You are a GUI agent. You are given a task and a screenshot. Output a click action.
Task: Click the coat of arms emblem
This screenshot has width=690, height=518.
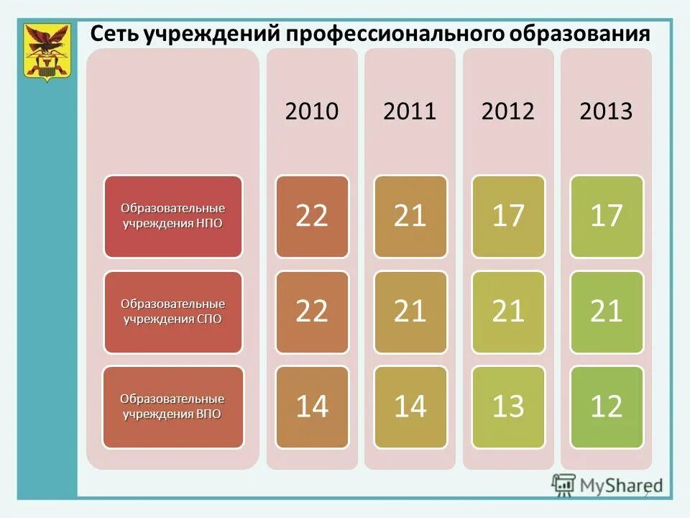click(x=47, y=53)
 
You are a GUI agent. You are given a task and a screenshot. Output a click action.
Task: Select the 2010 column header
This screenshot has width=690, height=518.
click(x=312, y=112)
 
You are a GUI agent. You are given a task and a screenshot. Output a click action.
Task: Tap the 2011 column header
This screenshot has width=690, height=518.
click(x=410, y=112)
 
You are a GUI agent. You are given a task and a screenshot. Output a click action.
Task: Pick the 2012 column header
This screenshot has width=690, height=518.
click(x=508, y=112)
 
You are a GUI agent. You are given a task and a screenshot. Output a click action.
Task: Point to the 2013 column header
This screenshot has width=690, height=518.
click(x=606, y=112)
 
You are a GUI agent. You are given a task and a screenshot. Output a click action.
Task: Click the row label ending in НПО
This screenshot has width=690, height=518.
click(x=173, y=216)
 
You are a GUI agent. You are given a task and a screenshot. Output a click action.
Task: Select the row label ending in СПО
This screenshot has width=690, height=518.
click(x=173, y=312)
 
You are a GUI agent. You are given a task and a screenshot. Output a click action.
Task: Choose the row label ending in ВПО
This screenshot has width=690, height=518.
click(x=173, y=406)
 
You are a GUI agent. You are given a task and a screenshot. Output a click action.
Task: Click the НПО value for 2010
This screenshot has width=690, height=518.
click(x=312, y=216)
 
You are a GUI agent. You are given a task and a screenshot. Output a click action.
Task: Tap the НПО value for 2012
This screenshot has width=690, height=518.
click(x=508, y=216)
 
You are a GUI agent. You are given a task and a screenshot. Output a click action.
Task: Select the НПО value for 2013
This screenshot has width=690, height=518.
click(x=606, y=216)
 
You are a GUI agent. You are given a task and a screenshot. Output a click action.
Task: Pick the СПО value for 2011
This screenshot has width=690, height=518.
click(x=410, y=312)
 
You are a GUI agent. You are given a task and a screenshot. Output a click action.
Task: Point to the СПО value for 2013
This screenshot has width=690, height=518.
click(x=606, y=312)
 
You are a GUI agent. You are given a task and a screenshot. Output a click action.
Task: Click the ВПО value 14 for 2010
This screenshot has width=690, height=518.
click(x=312, y=406)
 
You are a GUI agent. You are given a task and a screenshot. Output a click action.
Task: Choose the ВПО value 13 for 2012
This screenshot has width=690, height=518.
click(x=508, y=406)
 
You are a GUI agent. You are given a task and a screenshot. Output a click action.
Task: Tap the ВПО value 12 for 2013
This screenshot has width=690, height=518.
click(x=606, y=406)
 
